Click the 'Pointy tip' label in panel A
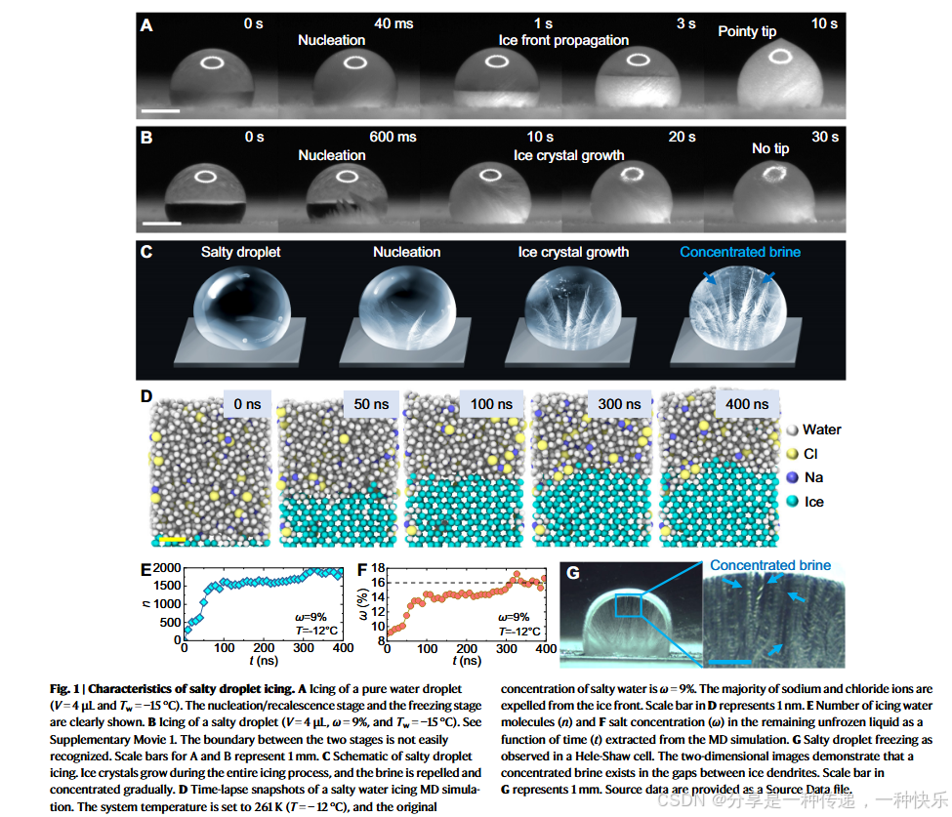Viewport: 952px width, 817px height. (x=747, y=31)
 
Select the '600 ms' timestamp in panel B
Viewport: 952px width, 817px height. (x=393, y=137)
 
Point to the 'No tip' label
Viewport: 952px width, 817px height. (x=770, y=148)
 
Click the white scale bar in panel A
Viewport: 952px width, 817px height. (x=166, y=110)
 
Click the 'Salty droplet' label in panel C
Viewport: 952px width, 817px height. (x=240, y=252)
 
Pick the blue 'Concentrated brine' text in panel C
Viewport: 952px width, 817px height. (x=740, y=252)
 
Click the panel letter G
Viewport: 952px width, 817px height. (x=573, y=573)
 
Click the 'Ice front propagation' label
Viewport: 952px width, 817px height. (x=563, y=41)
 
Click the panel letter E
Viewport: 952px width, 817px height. (x=145, y=568)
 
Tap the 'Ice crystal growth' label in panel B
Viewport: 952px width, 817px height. (x=568, y=155)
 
